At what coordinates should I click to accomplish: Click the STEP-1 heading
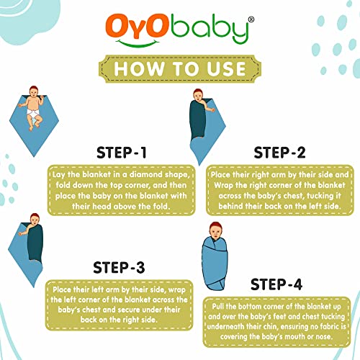[122, 153]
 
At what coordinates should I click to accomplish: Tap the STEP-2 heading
[279, 153]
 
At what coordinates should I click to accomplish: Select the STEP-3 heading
[119, 267]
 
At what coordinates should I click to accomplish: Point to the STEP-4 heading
[276, 284]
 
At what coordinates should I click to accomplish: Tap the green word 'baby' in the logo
[210, 29]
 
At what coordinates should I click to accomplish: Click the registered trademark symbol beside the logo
[251, 19]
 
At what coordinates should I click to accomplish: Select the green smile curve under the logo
[138, 44]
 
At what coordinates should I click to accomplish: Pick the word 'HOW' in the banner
[138, 69]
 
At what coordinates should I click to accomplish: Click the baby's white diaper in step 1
[32, 113]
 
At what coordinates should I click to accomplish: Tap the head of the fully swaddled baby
[215, 230]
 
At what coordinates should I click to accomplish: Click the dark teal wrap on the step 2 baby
[198, 120]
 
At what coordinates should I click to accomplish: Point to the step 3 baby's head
[35, 220]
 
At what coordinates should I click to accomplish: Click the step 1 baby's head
[34, 91]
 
